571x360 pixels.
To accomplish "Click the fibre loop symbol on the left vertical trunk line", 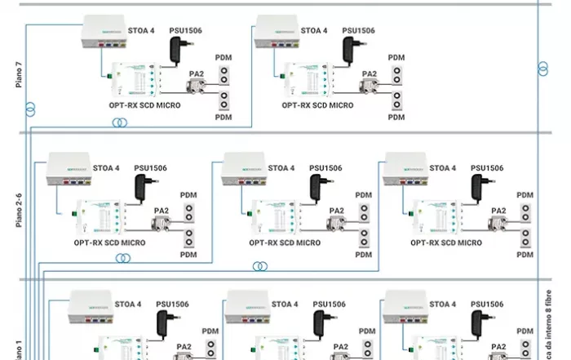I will click(x=31, y=107).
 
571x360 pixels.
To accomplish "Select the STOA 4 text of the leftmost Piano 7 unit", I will click(x=141, y=31).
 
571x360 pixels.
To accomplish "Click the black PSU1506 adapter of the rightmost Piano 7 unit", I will click(x=351, y=49).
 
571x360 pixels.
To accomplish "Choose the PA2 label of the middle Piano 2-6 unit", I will click(x=336, y=211).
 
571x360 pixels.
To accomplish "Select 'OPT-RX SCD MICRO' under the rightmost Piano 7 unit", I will click(x=318, y=105).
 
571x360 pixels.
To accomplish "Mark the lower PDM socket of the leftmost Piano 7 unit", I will click(x=223, y=103).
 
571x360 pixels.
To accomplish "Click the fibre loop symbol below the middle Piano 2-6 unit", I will click(x=260, y=266).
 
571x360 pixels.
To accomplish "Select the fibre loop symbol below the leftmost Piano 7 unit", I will click(x=121, y=122).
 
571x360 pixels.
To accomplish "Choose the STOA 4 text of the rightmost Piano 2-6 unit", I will click(x=443, y=168).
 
